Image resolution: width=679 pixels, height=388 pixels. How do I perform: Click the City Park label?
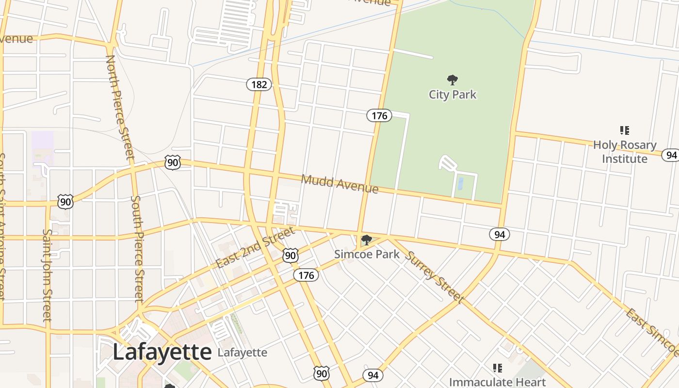click(453, 94)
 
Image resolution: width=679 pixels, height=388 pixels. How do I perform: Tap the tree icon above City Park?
click(453, 80)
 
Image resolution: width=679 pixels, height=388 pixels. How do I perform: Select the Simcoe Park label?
click(367, 254)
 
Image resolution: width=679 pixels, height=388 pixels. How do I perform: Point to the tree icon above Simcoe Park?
click(367, 240)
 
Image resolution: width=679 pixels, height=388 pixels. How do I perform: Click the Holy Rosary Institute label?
click(625, 152)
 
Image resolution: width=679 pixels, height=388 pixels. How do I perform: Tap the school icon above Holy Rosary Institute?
click(625, 130)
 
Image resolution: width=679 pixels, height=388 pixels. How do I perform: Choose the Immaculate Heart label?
click(497, 382)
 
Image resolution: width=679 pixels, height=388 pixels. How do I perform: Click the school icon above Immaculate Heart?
click(497, 368)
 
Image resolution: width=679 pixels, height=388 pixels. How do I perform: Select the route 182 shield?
click(259, 84)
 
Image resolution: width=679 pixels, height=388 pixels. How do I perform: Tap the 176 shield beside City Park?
click(379, 115)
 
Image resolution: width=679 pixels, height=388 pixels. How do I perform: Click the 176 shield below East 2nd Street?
click(306, 275)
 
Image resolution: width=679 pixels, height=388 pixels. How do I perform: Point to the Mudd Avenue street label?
click(339, 183)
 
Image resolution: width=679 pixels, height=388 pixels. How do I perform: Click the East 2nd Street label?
click(255, 248)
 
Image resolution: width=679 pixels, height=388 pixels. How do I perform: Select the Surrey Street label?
click(434, 277)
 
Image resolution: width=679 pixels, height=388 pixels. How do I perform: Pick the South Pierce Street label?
click(138, 248)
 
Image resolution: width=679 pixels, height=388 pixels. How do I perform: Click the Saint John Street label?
click(47, 275)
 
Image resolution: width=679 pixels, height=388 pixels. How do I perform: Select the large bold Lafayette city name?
click(162, 352)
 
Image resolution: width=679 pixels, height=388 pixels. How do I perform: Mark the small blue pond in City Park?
click(460, 183)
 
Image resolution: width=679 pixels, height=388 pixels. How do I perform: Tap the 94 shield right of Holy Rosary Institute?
click(671, 155)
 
